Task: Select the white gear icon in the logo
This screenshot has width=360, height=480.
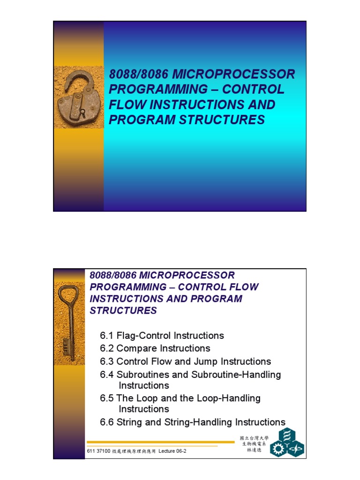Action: pos(278,450)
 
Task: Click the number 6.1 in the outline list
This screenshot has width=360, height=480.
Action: pos(107,336)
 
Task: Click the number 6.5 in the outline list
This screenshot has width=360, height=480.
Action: pos(107,398)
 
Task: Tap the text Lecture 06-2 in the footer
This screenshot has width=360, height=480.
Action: pos(172,451)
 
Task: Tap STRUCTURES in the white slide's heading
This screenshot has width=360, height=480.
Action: pos(123,310)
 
